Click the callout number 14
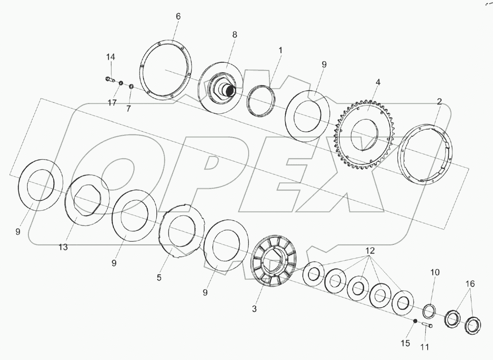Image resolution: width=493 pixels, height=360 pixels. [x=110, y=57]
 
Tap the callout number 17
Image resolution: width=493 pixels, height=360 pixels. [x=112, y=103]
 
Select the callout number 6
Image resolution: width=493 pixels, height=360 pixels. [x=178, y=17]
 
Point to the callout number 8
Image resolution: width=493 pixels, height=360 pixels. [x=235, y=35]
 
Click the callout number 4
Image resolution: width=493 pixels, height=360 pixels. [x=378, y=82]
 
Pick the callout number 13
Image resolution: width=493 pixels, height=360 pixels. [x=63, y=247]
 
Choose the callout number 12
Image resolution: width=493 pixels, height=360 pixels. [x=370, y=251]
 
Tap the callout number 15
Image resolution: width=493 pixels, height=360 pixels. [x=406, y=343]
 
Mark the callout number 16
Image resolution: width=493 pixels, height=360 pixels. [x=470, y=284]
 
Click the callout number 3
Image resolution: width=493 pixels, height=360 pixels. [x=254, y=309]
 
